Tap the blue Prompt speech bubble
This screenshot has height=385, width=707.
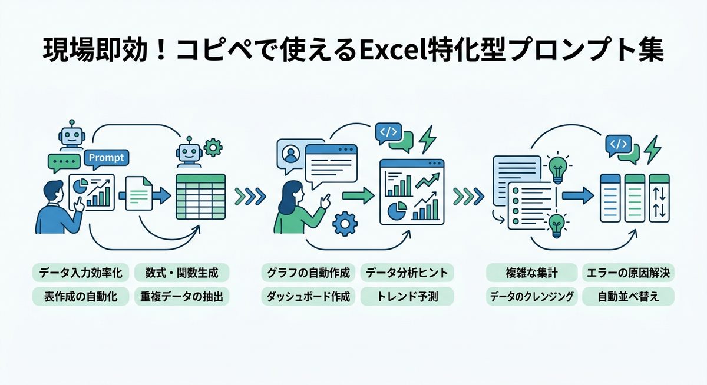[x=107, y=158]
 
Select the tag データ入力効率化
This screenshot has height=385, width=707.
[x=79, y=273]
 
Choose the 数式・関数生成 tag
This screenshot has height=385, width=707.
[x=181, y=273]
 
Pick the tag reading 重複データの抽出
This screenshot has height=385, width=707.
[x=181, y=297]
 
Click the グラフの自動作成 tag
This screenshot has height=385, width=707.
[x=308, y=273]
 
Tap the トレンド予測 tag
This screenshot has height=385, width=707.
[x=407, y=297]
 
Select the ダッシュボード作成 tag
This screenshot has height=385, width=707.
[x=308, y=297]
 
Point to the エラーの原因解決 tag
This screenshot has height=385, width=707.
[x=628, y=273]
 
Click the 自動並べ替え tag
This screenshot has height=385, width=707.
[x=628, y=297]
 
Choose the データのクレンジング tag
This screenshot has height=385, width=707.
[x=531, y=297]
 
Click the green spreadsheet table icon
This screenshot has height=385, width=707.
[x=200, y=196]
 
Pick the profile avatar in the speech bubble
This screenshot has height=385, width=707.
[x=289, y=155]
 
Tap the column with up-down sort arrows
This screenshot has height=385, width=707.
[x=659, y=198]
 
